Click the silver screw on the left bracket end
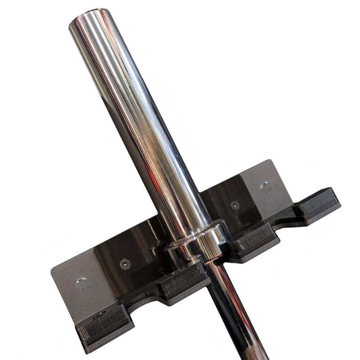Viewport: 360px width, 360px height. [82, 282]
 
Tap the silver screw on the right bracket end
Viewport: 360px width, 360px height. [266, 187]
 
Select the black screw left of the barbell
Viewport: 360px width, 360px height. [124, 263]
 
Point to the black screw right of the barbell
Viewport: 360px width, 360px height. [234, 205]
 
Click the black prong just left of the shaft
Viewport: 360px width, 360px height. [183, 284]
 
